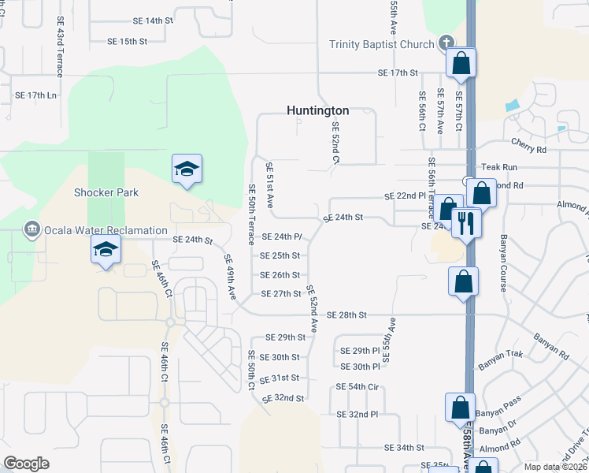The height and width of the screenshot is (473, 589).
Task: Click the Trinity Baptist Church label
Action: click(381, 45)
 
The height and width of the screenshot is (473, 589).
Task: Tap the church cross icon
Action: click(446, 43)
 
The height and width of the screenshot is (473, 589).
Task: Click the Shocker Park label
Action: click(106, 192)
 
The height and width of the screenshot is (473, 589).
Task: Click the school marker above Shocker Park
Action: click(187, 169)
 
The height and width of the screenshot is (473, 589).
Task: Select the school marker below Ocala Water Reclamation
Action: click(105, 250)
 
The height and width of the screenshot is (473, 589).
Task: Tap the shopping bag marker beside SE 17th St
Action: click(461, 62)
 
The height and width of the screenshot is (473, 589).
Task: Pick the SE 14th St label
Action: click(153, 20)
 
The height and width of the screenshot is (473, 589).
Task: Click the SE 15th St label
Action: click(128, 40)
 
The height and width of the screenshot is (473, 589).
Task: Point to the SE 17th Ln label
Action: click(36, 95)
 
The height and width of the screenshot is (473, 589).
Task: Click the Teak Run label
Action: click(499, 167)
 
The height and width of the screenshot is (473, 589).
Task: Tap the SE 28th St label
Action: click(347, 315)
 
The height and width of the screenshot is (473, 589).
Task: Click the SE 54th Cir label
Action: click(357, 386)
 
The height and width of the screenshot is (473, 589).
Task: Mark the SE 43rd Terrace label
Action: click(60, 47)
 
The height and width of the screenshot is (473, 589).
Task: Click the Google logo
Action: click(26, 464)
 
